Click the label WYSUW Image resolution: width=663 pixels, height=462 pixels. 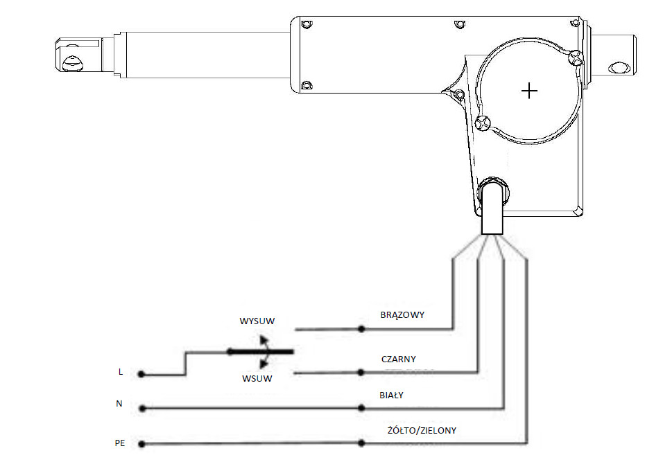point(257,321)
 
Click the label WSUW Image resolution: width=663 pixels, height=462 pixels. point(257,378)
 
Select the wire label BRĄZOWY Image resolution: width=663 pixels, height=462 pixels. point(402,315)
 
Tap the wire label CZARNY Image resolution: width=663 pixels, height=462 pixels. point(398,359)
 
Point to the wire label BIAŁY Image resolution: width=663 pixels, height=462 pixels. point(391,396)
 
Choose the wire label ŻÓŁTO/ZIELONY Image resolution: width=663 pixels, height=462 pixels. point(422,430)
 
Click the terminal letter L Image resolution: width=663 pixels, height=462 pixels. point(121,372)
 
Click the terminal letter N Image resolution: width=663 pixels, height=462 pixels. point(119,404)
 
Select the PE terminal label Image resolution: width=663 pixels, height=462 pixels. point(120,443)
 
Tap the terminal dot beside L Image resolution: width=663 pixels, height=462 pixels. point(141,374)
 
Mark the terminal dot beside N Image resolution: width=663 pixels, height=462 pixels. point(142,409)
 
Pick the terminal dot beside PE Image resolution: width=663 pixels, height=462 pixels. point(142,444)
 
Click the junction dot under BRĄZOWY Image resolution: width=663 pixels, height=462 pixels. point(361,328)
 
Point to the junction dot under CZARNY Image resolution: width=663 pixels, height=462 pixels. point(361,372)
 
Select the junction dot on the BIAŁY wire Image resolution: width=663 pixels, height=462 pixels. point(361,408)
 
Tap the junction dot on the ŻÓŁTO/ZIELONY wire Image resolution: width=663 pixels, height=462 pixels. point(361,443)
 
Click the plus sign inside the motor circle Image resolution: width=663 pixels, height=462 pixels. point(529,91)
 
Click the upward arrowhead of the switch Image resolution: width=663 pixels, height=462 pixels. point(264,339)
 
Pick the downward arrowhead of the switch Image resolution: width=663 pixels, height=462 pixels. point(264,364)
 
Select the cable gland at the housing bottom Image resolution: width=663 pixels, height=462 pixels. point(493,191)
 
